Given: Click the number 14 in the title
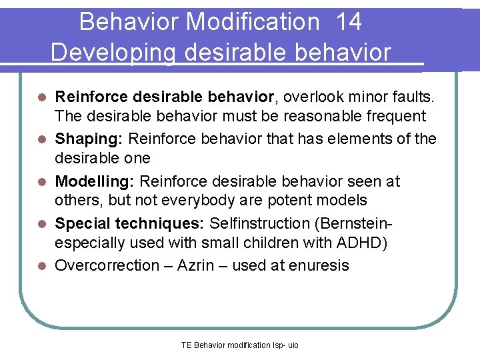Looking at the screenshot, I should coord(349,22).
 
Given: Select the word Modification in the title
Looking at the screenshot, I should coord(253,22).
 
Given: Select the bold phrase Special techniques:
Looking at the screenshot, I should coord(124,223).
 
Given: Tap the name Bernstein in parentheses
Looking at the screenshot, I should coord(364,223).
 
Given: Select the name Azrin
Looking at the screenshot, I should coord(198,265).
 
